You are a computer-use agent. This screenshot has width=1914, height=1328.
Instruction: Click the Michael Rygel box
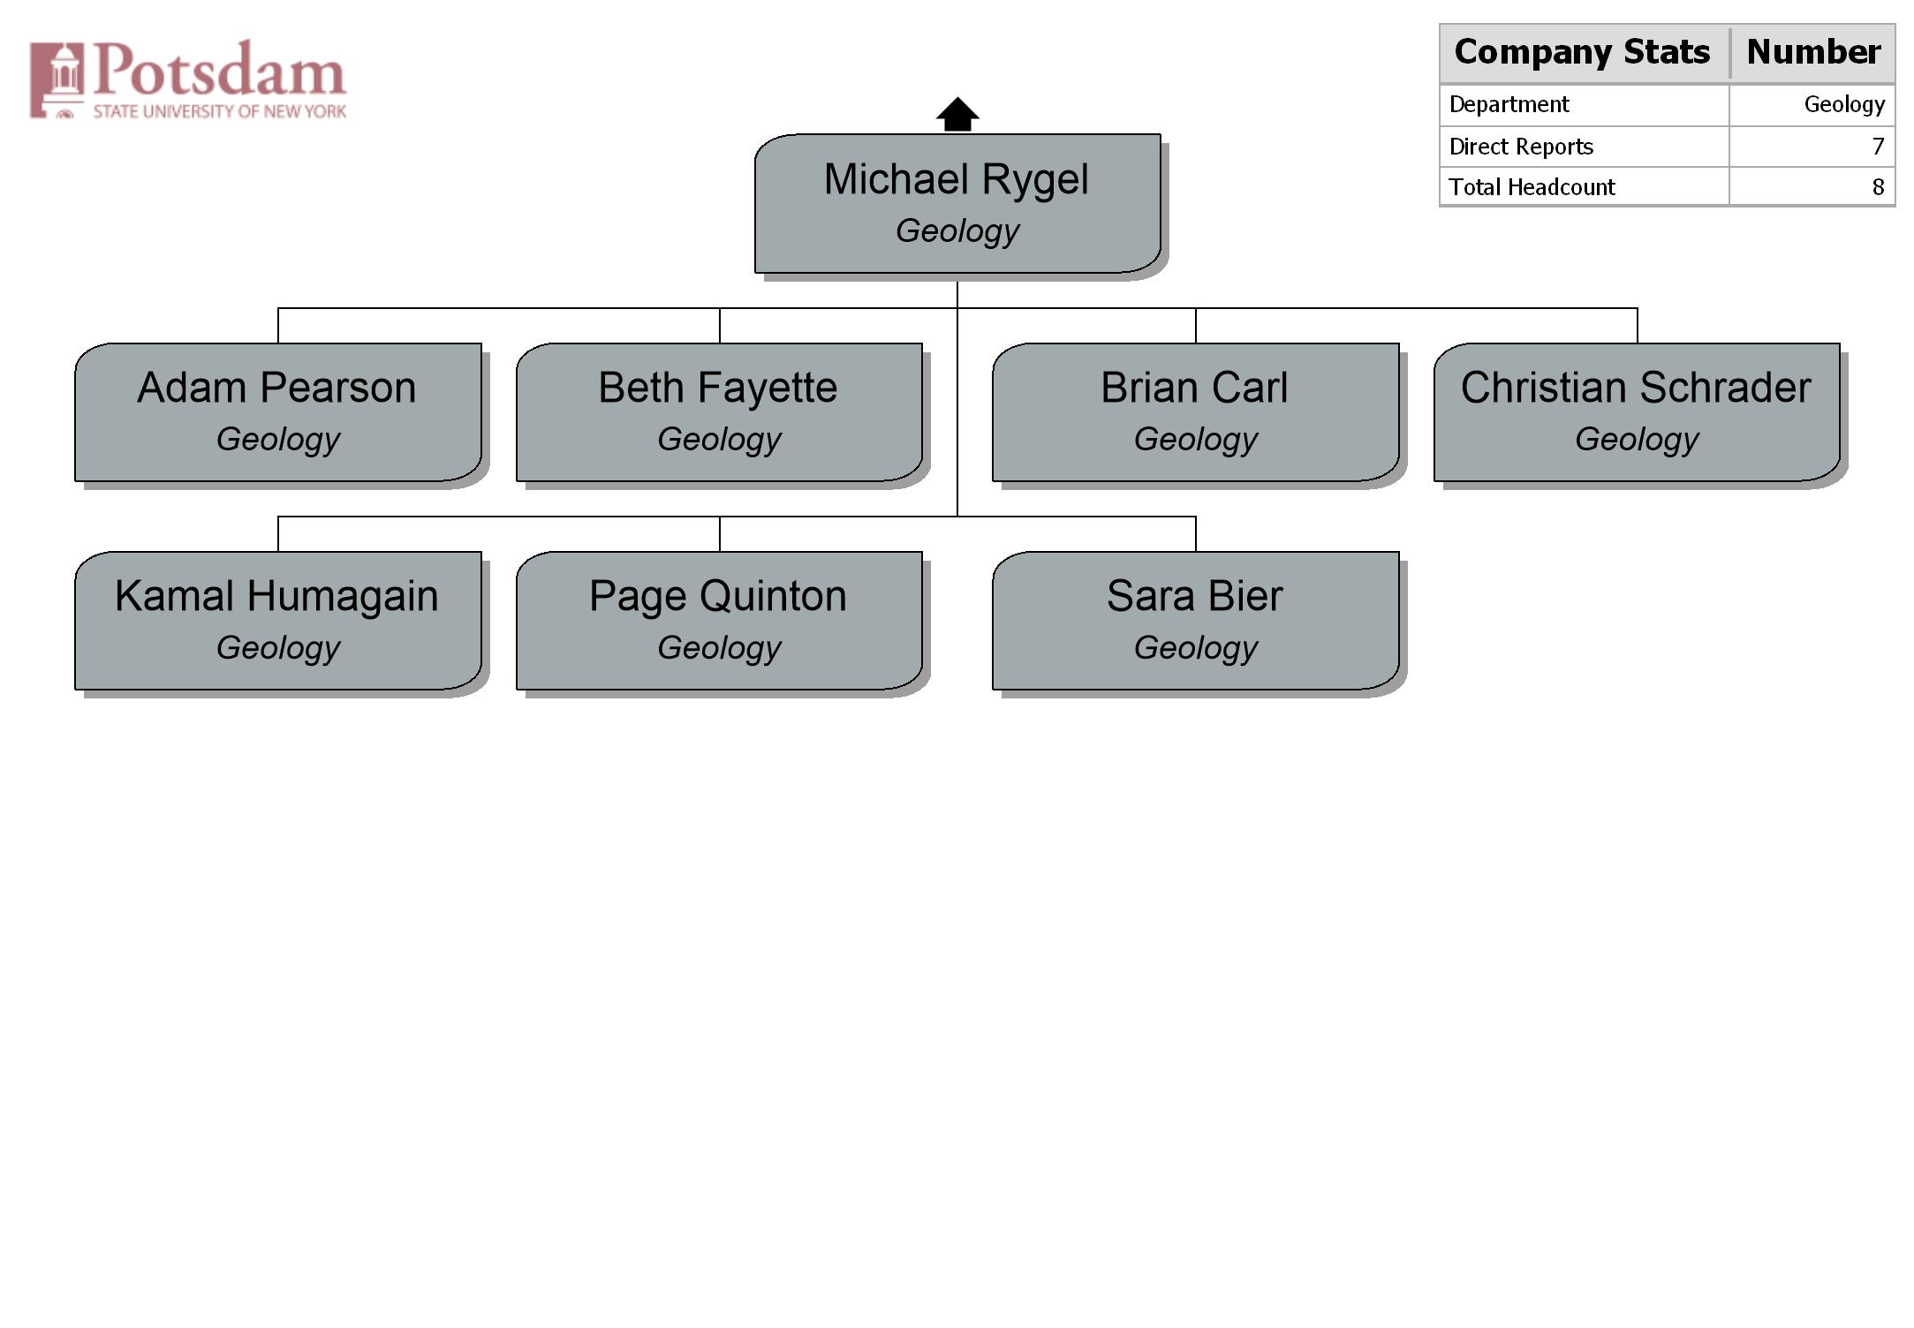coord(957,203)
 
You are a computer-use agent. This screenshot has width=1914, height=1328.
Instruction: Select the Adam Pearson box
coord(278,412)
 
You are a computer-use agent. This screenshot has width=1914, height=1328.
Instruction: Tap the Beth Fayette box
coord(719,412)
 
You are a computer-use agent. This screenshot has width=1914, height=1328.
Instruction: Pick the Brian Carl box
coord(1196,412)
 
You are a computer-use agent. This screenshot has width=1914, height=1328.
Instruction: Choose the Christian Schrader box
coord(1637,412)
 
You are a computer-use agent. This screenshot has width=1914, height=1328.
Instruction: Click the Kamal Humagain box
coord(278,621)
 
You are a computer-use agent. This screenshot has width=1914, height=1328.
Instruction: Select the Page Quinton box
coord(719,621)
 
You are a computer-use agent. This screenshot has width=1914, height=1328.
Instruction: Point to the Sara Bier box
coord(1196,621)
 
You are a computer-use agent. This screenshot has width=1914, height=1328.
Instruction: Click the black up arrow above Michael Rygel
coord(957,114)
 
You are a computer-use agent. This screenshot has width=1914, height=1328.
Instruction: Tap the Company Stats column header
coord(1583,52)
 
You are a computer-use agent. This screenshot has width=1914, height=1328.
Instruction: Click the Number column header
coord(1813,52)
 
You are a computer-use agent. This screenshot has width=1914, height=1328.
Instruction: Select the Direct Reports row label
coord(1521,147)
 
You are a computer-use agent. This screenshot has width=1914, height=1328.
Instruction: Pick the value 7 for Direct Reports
coord(1878,147)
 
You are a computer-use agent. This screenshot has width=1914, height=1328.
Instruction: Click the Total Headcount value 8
coord(1878,187)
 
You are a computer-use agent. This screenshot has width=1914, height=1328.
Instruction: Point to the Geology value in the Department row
coord(1844,105)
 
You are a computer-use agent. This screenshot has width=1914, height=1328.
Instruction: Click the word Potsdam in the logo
coord(220,69)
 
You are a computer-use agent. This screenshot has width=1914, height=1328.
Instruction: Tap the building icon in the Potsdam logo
coord(57,79)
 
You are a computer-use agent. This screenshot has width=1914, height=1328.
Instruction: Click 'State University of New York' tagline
coord(220,111)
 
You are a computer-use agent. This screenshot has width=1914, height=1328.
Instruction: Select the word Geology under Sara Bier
coord(1196,648)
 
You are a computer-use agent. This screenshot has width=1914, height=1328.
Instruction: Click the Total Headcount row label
coord(1532,187)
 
